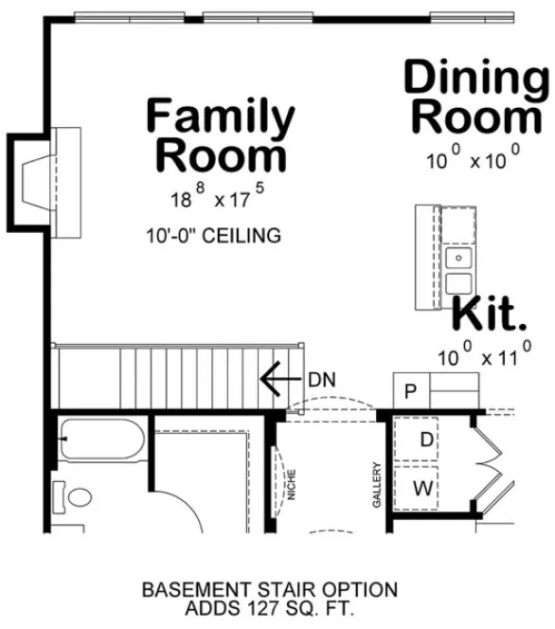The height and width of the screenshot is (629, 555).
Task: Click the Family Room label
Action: (x=220, y=136)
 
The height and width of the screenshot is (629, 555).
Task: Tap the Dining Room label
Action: (x=476, y=98)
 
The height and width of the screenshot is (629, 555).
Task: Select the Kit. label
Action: (x=488, y=315)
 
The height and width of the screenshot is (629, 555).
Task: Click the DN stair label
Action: (x=321, y=380)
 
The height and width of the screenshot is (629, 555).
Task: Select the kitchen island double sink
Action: (x=459, y=270)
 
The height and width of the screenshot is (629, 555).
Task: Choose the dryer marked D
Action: (x=426, y=440)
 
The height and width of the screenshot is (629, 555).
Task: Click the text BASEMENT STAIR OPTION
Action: (x=270, y=590)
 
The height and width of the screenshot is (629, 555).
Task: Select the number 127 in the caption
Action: (x=275, y=607)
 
